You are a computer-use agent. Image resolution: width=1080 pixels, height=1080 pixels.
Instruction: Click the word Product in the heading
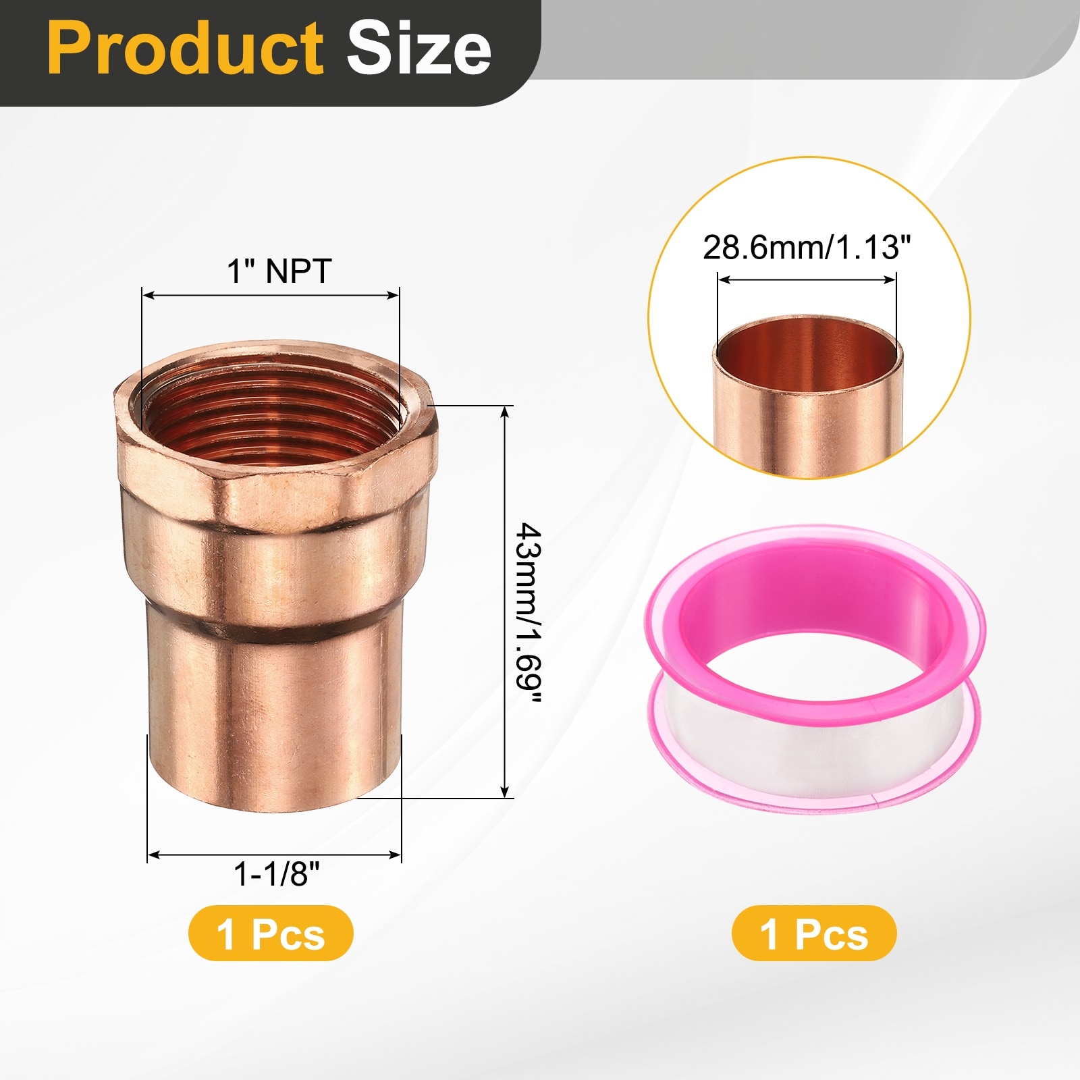pos(185,48)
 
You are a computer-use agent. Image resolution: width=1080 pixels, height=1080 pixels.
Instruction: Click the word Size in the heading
pos(418,48)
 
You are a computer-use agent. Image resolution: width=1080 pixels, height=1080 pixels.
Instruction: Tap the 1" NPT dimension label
pos(279,271)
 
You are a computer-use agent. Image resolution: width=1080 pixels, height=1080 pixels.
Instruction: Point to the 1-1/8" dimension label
pos(276,874)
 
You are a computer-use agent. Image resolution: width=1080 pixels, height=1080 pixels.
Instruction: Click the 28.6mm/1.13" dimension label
pos(807,248)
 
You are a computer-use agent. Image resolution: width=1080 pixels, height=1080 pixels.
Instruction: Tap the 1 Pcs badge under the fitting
pos(271,934)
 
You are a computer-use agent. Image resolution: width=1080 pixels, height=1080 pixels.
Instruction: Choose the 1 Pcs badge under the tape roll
pos(814,934)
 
